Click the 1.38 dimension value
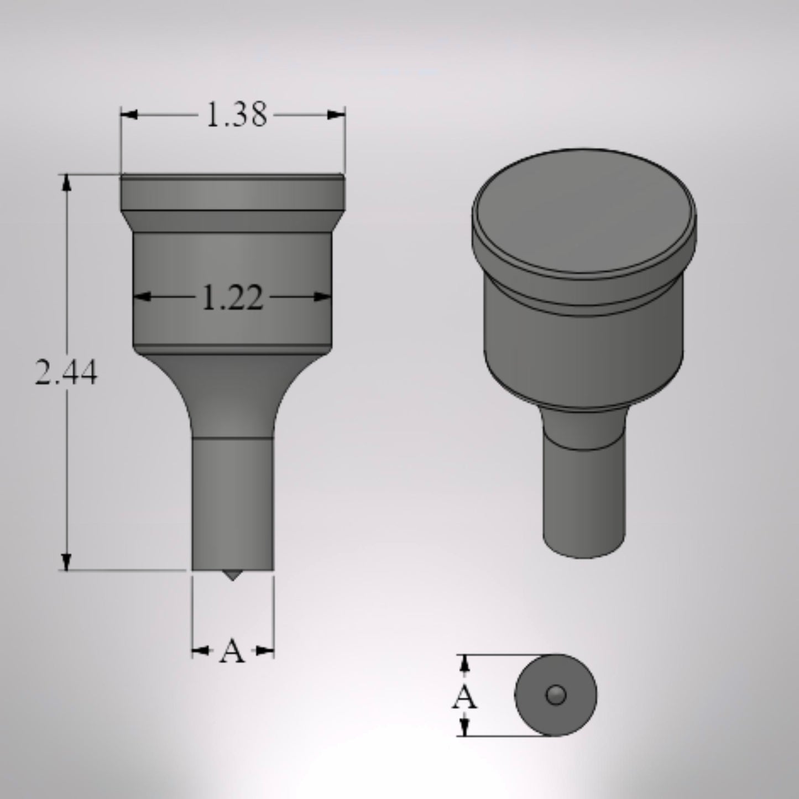[236, 115]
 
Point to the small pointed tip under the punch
[232, 575]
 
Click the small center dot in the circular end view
[555, 694]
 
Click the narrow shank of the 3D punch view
[584, 498]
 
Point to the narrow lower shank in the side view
[232, 503]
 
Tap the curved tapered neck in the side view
[232, 393]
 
